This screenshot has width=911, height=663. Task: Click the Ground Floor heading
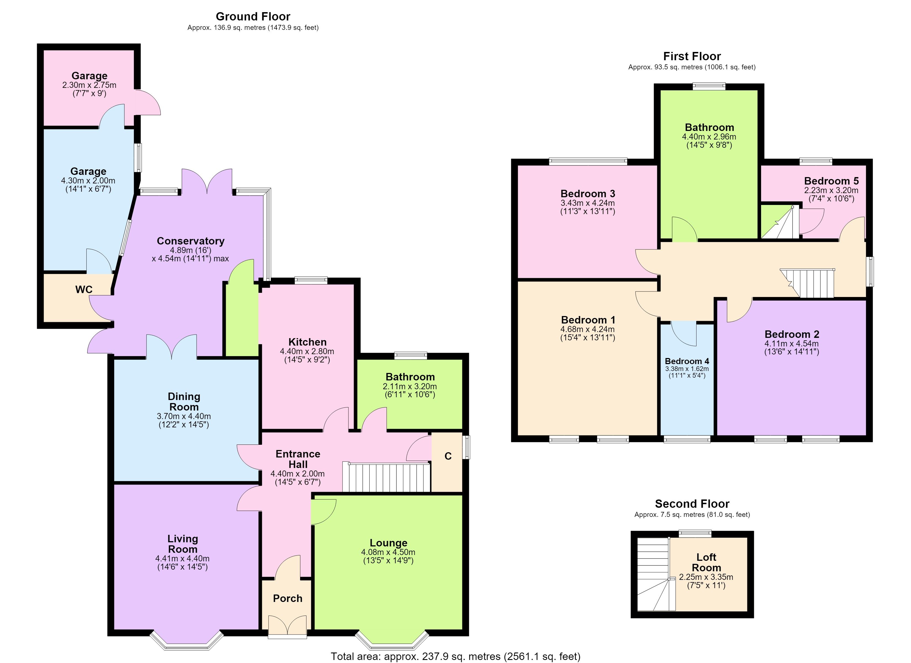(253, 17)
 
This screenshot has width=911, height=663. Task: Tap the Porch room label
(288, 598)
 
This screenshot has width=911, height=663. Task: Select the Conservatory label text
(190, 241)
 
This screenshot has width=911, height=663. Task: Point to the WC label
(84, 290)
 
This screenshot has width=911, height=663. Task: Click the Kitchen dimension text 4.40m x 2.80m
(307, 351)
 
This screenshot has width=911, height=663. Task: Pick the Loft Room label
(706, 562)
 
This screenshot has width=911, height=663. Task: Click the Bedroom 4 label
(687, 361)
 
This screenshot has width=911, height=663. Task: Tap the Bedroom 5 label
(831, 181)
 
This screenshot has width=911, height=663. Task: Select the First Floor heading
(692, 56)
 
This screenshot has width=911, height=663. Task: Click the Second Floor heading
(692, 504)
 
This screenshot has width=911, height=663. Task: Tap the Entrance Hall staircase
(386, 477)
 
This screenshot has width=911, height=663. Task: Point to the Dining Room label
(184, 402)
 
